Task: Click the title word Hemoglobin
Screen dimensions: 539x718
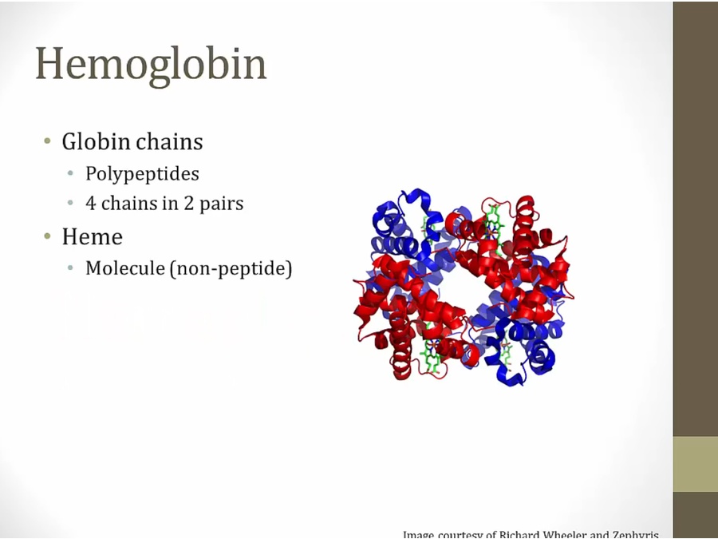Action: point(151,64)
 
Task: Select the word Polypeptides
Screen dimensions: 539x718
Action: point(142,173)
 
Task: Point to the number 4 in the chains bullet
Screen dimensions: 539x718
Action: point(91,204)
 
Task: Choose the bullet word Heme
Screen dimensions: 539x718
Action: point(92,237)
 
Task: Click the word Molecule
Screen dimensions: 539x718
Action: point(124,268)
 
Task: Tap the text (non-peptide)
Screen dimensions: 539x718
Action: point(231,269)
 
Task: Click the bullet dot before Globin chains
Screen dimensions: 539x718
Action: point(47,142)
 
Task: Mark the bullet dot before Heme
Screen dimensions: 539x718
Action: point(47,237)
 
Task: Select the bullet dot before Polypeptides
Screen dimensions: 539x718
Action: point(71,173)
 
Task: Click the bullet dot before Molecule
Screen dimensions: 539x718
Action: point(71,268)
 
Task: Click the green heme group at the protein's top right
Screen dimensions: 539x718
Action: point(495,228)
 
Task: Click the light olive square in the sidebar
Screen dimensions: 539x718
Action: point(695,464)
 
